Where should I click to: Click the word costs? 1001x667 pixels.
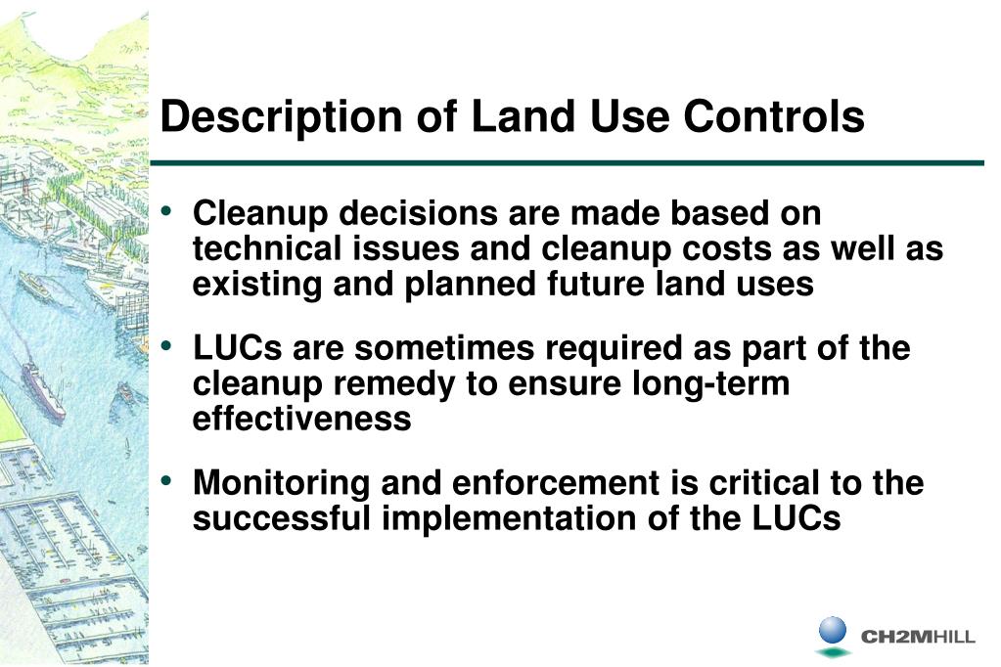click(707, 248)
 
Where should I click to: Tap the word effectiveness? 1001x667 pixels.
click(301, 419)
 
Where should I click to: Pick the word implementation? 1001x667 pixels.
click(509, 518)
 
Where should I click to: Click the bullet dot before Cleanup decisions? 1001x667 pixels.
click(169, 211)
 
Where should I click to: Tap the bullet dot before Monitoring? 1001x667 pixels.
click(169, 481)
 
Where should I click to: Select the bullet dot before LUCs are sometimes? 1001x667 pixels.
click(169, 346)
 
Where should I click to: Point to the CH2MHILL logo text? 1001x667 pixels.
click(917, 638)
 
